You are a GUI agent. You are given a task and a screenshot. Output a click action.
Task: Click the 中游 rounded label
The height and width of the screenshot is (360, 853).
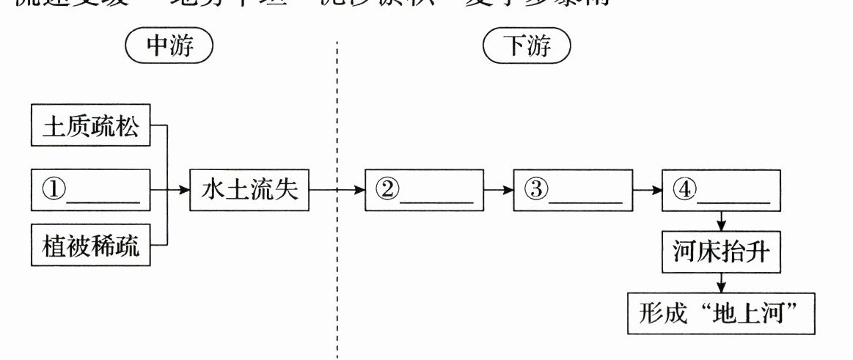click(170, 48)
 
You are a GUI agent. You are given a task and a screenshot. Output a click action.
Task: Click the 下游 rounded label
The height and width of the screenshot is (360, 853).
click(527, 48)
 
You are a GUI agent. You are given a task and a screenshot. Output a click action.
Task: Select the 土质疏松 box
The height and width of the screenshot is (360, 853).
click(89, 126)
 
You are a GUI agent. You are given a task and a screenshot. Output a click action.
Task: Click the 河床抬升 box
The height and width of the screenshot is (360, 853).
click(722, 251)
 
